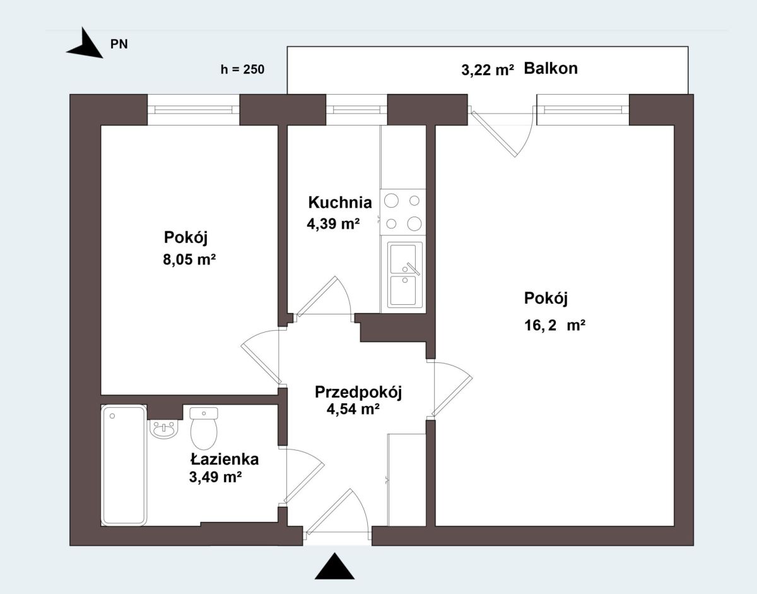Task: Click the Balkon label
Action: pos(551,68)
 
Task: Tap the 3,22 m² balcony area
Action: pos(488,70)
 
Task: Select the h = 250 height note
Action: pos(242,69)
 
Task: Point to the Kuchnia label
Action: pos(340,203)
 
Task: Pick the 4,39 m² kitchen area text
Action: pos(333,223)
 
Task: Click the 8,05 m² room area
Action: pos(189,259)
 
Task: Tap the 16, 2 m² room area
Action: pos(555,325)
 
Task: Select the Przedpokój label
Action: pos(358,393)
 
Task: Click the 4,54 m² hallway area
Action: pos(353,409)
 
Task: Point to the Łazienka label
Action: pos(225,459)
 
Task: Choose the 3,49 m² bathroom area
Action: pos(216,477)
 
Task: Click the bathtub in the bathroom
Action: pos(124,465)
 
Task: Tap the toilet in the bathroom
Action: pos(204,428)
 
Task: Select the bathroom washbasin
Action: pos(164,429)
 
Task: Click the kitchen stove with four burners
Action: pos(403,212)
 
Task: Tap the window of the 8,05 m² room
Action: pos(193,110)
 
